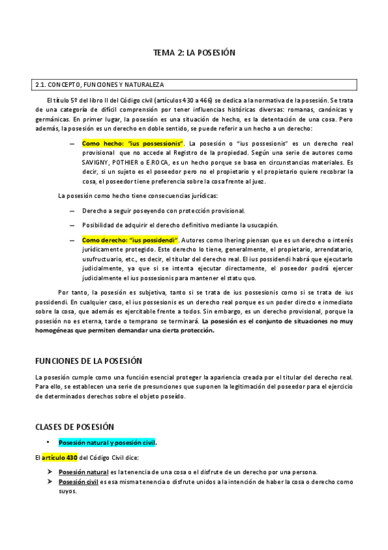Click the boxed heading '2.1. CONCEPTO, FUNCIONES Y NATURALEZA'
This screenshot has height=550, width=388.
[100, 85]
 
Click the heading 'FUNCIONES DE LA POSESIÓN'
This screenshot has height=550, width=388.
[88, 360]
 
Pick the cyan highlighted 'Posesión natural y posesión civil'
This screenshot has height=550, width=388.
[107, 443]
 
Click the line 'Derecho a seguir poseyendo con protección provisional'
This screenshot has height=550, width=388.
[163, 211]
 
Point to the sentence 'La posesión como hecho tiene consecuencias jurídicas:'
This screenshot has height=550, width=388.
[138, 196]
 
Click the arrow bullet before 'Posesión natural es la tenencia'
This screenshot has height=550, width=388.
[51, 472]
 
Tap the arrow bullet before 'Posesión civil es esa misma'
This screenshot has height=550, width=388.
[51, 482]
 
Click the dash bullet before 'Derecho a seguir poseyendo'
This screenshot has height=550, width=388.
[71, 211]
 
